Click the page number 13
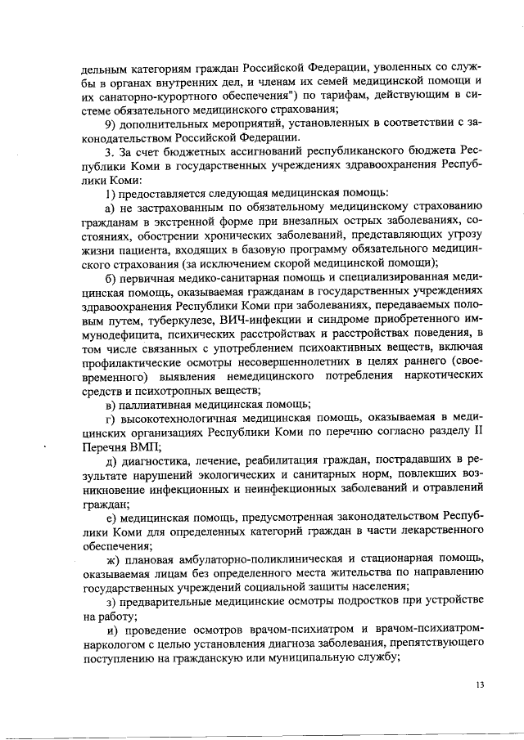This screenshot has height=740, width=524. point(478,685)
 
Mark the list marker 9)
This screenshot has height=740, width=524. point(113,123)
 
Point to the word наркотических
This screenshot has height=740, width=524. point(445,377)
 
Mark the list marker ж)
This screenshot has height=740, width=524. point(114,559)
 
